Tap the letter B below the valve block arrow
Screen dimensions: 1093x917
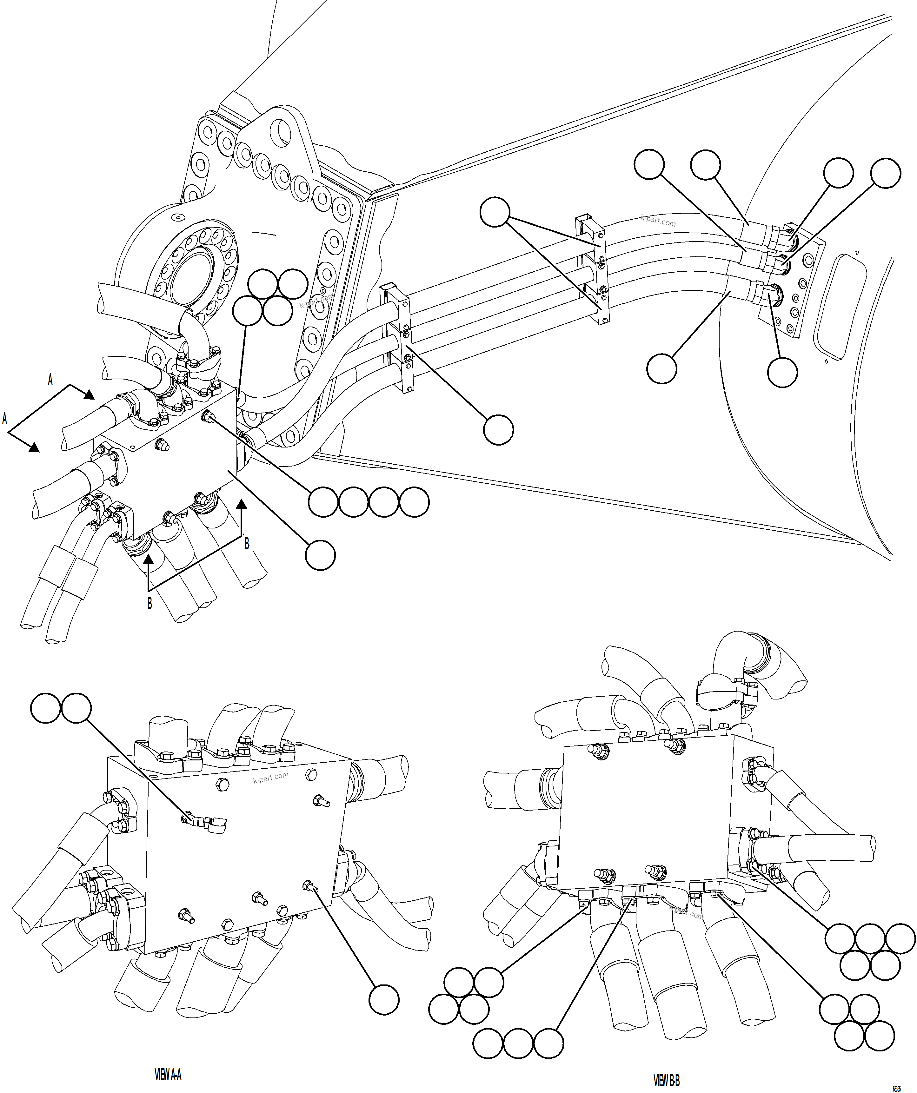coord(150,604)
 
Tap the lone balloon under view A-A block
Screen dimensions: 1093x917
coord(383,999)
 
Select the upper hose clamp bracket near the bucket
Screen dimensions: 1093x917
coord(593,271)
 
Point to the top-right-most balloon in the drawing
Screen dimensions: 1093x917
coord(885,173)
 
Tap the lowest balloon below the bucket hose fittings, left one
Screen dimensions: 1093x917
coord(661,368)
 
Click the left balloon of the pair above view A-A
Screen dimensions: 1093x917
coord(45,708)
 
